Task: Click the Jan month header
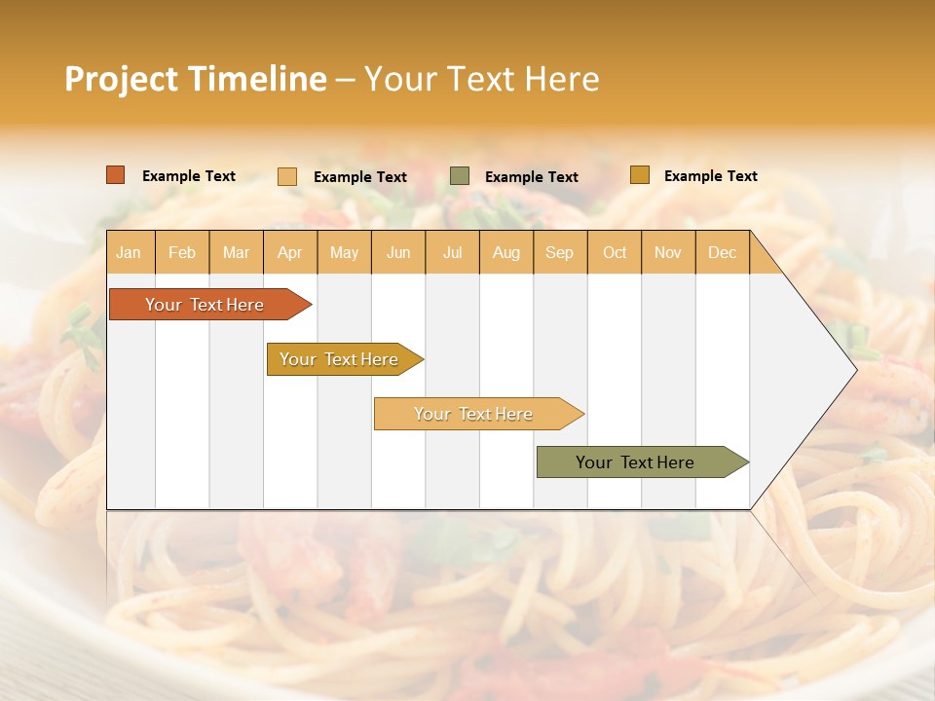pos(129,252)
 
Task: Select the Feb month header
pos(182,252)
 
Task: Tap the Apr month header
pos(289,252)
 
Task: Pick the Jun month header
pos(398,252)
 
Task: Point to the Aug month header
pos(505,252)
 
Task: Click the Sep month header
pos(559,252)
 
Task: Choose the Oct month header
pos(615,252)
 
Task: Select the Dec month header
pos(722,252)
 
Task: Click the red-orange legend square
pos(116,175)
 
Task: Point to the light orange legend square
pos(287,176)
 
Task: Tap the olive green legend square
pos(460,176)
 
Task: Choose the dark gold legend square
pos(639,175)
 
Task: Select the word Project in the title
pos(121,79)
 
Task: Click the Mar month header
pos(236,252)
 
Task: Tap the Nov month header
pos(667,252)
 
